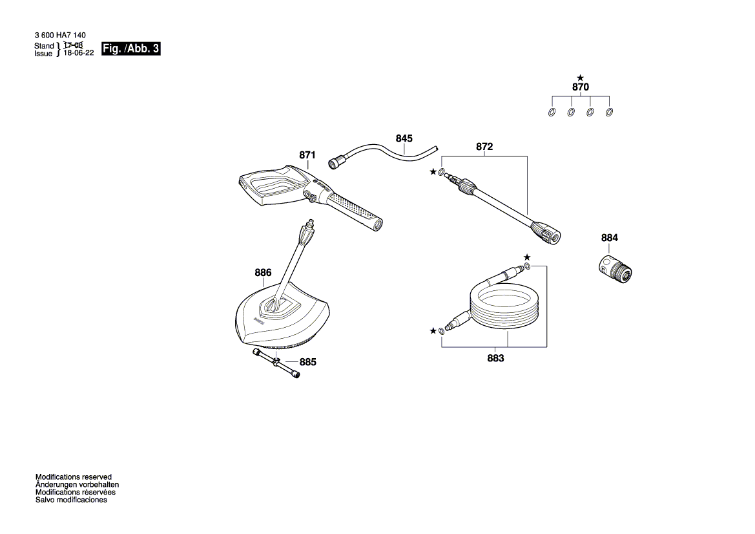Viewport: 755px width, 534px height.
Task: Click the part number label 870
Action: pyautogui.click(x=580, y=87)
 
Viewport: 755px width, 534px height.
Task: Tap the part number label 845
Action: pyautogui.click(x=404, y=139)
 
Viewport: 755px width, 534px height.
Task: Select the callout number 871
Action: pyautogui.click(x=307, y=155)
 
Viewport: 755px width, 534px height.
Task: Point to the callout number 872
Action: pyautogui.click(x=484, y=147)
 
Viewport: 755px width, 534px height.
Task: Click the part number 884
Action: pyautogui.click(x=609, y=238)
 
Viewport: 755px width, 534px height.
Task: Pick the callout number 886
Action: pyautogui.click(x=263, y=273)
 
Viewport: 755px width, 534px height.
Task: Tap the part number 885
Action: pyautogui.click(x=307, y=363)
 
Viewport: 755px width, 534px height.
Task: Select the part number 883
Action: pyautogui.click(x=495, y=359)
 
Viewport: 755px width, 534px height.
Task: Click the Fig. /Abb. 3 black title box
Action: pyautogui.click(x=130, y=48)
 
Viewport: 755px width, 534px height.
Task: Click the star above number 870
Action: pyautogui.click(x=580, y=78)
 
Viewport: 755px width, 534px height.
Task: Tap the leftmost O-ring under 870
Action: pyautogui.click(x=552, y=112)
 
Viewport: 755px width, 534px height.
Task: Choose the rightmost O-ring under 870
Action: pyautogui.click(x=609, y=112)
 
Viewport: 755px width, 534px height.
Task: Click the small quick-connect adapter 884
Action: pyautogui.click(x=616, y=269)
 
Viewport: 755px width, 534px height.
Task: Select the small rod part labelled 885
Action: pyautogui.click(x=276, y=363)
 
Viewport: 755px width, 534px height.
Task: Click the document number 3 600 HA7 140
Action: pyautogui.click(x=60, y=35)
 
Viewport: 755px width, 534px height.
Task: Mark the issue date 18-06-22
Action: pyautogui.click(x=79, y=53)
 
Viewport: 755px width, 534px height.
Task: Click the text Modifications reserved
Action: pyautogui.click(x=73, y=477)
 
